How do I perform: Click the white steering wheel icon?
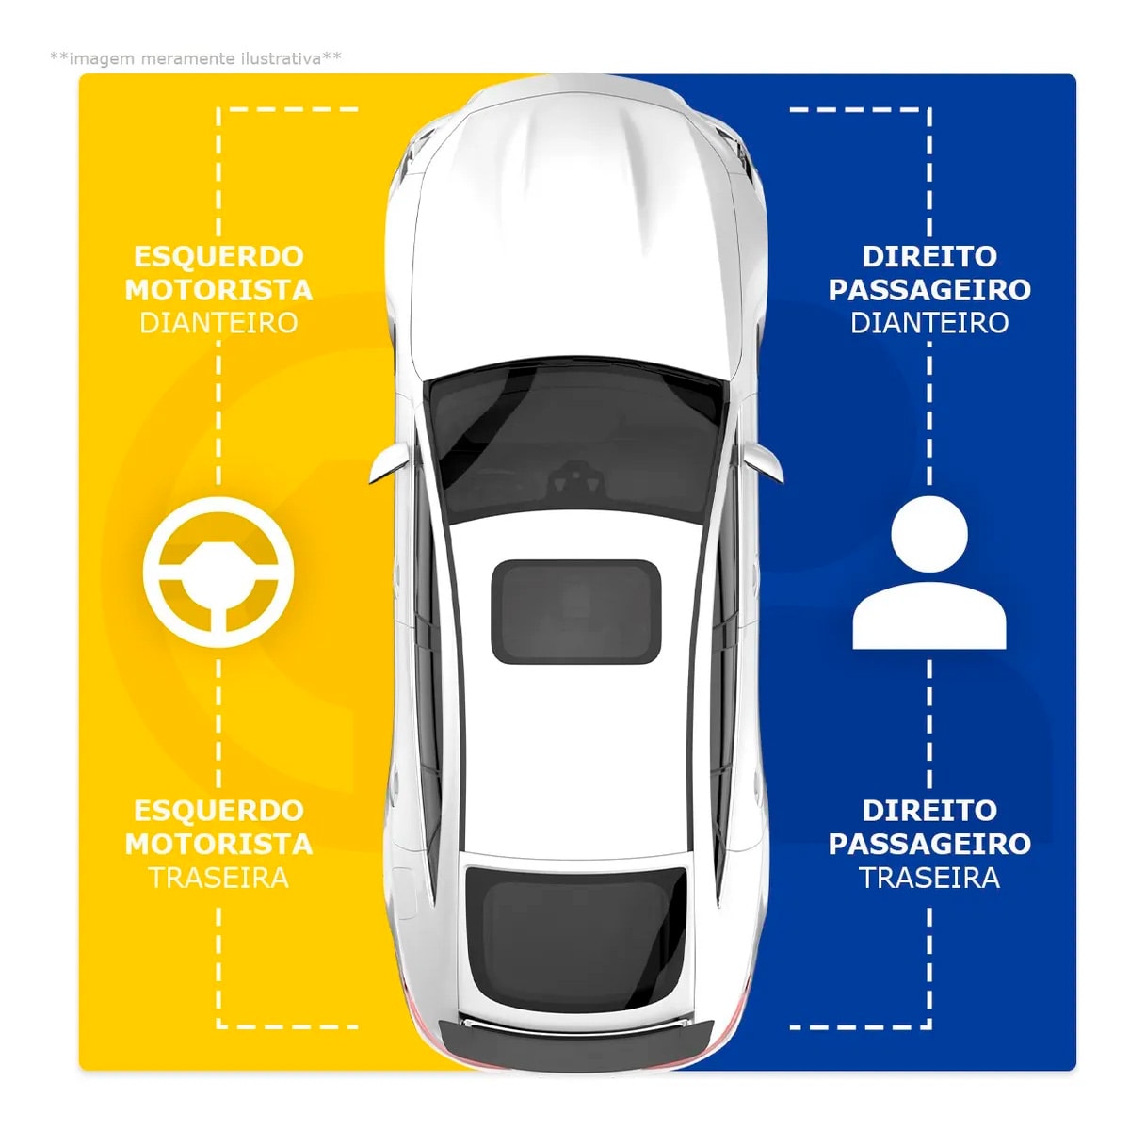click(x=218, y=572)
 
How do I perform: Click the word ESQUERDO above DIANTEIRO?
click(x=218, y=256)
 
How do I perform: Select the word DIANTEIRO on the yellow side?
click(x=218, y=323)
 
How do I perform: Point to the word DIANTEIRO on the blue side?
click(x=929, y=323)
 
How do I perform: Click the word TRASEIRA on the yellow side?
click(x=218, y=878)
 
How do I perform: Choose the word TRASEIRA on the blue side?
click(x=929, y=878)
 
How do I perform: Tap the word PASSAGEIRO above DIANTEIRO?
click(x=929, y=290)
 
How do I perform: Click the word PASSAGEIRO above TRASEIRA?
click(x=929, y=845)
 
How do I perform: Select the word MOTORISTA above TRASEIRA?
click(x=218, y=845)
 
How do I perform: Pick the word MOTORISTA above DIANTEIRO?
click(x=218, y=290)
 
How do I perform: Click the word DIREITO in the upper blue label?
click(x=929, y=256)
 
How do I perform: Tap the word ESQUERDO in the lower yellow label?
click(x=218, y=811)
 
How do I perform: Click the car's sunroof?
click(x=575, y=611)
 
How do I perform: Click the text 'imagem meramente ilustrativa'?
click(x=196, y=58)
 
